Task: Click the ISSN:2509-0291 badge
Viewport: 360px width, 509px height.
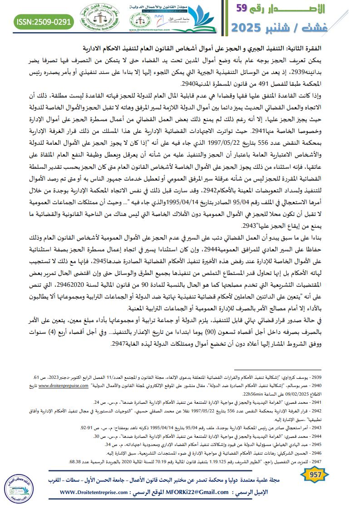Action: [x=44, y=21]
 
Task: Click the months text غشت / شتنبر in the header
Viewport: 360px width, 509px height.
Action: [x=310, y=28]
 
